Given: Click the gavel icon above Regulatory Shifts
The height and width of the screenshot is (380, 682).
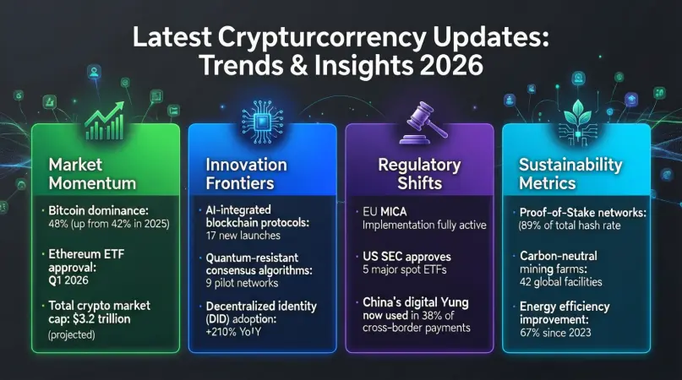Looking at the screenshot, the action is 423,123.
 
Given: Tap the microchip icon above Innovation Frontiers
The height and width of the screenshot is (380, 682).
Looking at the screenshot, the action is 262,122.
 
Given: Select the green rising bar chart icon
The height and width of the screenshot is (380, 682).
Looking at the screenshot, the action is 105,121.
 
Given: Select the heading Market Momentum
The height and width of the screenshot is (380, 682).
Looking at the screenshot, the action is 92,173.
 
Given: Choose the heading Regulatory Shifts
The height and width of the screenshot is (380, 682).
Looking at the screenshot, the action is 419,173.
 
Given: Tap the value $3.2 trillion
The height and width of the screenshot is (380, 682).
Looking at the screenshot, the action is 101,318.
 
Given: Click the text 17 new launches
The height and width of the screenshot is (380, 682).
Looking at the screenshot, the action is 243,236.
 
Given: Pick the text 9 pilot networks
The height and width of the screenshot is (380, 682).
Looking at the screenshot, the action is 242,283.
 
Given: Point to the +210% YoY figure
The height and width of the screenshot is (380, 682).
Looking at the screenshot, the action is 233,332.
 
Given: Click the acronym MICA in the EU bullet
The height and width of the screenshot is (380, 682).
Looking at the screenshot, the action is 394,212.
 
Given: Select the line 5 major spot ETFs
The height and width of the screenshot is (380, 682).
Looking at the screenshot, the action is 405,269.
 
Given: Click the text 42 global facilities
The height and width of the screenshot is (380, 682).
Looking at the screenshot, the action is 560,282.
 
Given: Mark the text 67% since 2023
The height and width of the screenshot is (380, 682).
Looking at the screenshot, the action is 555,333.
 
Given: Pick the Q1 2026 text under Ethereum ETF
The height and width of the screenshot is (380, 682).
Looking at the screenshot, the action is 68,280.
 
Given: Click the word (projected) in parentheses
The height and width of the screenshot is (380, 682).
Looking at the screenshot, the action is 72,334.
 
